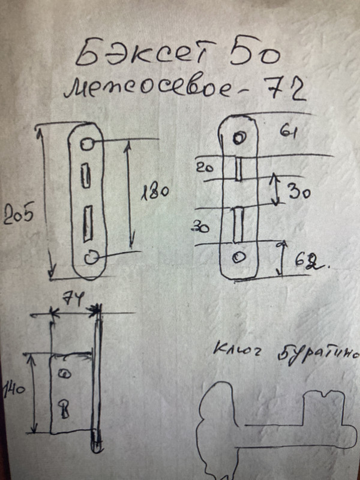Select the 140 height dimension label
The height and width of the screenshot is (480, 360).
click(13, 391)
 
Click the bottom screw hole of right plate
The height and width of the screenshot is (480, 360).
click(239, 257)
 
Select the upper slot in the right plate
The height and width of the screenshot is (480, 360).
click(238, 169)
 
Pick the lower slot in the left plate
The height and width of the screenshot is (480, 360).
click(88, 220)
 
